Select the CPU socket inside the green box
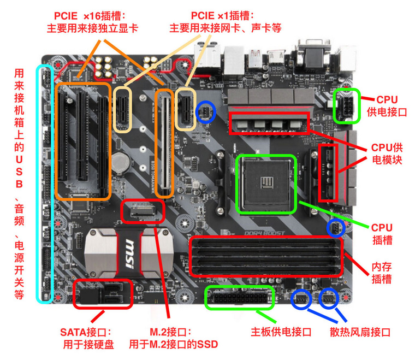(x=266, y=185)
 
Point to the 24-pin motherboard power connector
(x=239, y=298)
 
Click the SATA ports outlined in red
(x=103, y=293)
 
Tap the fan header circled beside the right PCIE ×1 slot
(x=206, y=111)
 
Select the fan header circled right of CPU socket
(x=335, y=228)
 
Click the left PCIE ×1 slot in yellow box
(x=122, y=109)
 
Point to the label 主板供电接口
(x=281, y=332)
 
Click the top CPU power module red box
(x=270, y=123)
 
